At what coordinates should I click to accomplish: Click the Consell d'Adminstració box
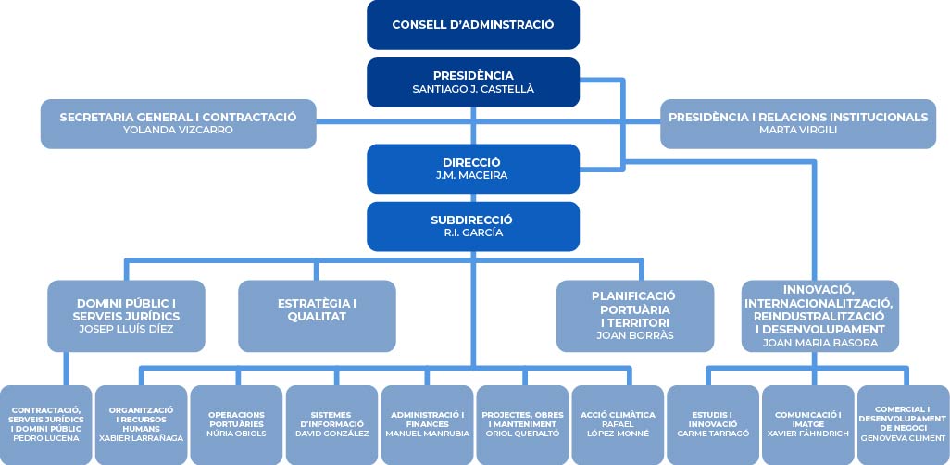coord(473,25)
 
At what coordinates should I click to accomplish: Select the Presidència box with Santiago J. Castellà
coord(473,82)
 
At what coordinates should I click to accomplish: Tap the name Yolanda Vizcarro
coord(178,130)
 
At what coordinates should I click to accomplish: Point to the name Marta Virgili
coord(798,130)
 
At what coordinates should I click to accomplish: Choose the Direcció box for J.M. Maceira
coord(473,169)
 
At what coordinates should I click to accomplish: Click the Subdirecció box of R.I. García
coord(473,226)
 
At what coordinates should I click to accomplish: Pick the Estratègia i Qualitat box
coord(317,316)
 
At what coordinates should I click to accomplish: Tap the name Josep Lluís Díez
coord(126,329)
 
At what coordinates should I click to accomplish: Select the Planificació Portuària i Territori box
coord(635,316)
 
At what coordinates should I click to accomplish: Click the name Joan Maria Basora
coord(819,343)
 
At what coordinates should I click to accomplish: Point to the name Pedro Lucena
coord(46,438)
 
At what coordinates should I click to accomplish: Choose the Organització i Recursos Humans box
coord(141,425)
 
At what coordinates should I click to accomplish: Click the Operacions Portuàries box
coord(236,425)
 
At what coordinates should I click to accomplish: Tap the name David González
coord(332,434)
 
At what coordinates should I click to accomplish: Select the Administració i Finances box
coord(427,425)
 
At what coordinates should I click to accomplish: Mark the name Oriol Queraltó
coord(522,434)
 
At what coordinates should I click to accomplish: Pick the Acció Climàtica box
coord(618,425)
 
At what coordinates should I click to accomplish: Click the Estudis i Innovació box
coord(713,425)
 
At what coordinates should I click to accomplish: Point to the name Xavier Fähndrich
coord(807,434)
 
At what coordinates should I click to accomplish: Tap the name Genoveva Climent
coord(903,438)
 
